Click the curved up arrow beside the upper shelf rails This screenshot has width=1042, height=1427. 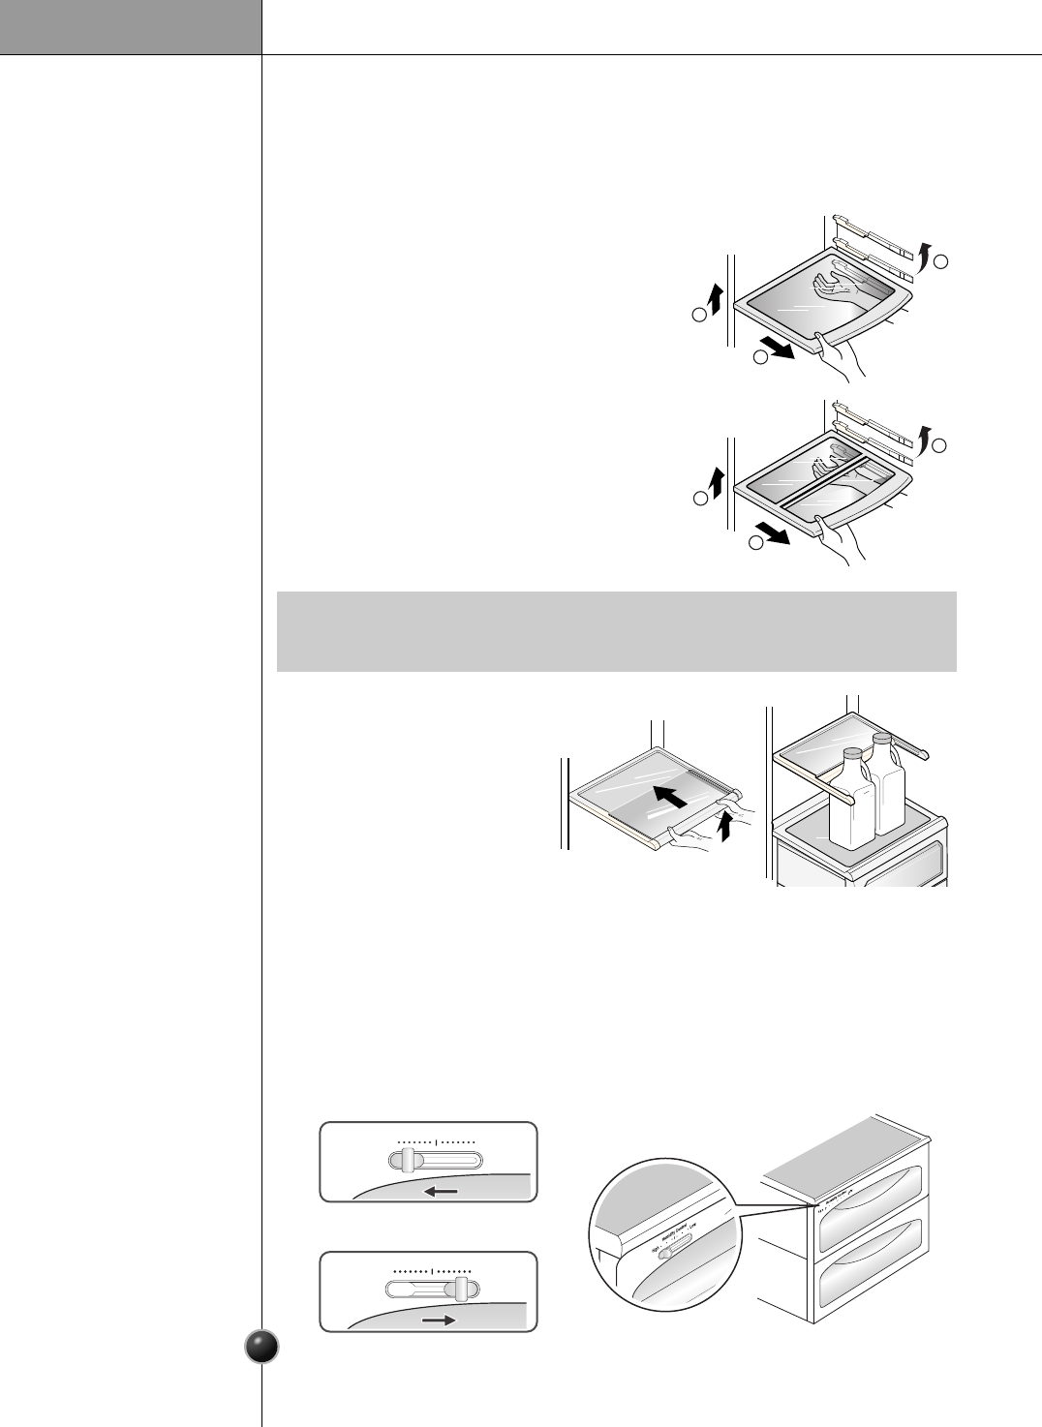(928, 256)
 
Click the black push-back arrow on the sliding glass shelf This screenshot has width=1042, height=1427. (671, 798)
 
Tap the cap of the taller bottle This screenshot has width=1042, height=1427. (881, 739)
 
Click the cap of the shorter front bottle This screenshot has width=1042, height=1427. (852, 754)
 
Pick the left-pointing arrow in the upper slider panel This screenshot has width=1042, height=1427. (441, 1192)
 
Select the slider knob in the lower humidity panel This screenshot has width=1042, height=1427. (462, 1288)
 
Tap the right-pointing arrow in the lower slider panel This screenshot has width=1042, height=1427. (440, 1320)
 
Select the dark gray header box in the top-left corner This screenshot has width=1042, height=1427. (131, 27)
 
